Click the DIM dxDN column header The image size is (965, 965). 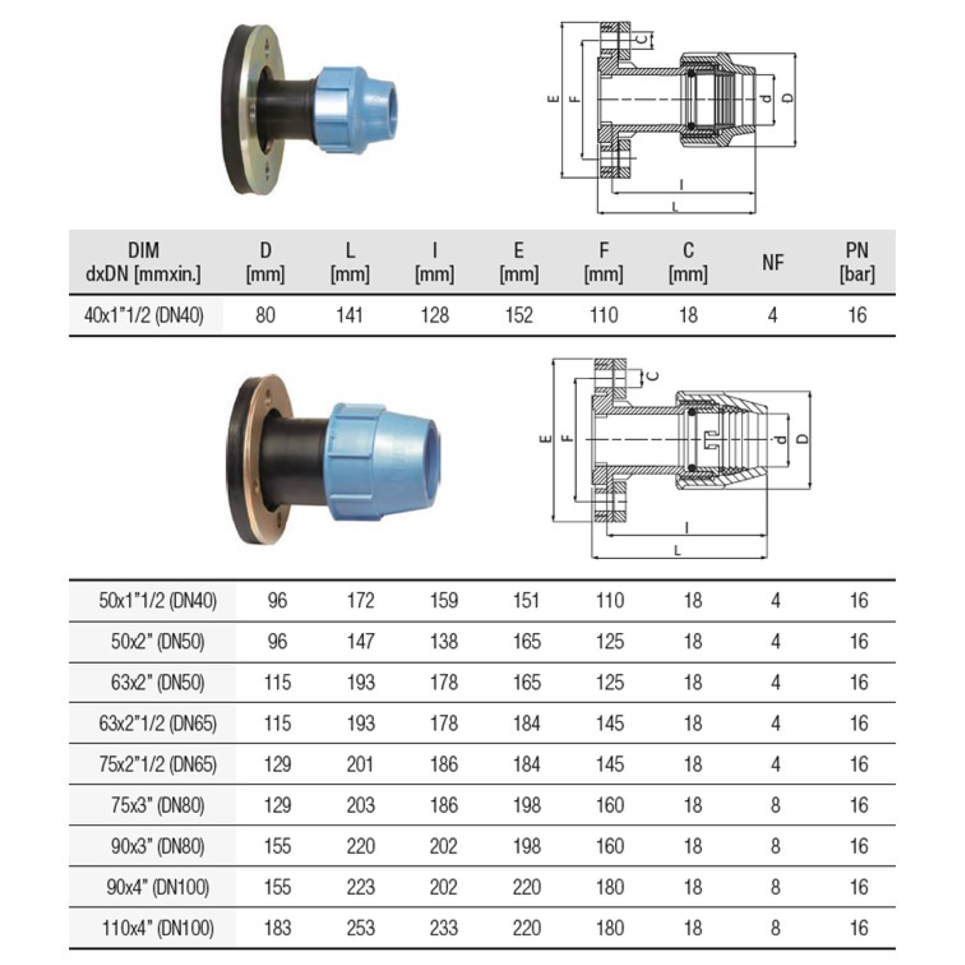point(144,262)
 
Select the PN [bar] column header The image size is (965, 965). point(857,262)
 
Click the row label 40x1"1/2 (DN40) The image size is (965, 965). point(144,315)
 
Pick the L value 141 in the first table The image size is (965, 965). point(349,315)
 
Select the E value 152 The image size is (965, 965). point(519,315)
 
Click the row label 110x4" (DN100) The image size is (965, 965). point(158,928)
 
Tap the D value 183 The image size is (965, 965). point(277,928)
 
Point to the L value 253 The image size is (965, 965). point(361,928)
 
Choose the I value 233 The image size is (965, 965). point(443,928)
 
